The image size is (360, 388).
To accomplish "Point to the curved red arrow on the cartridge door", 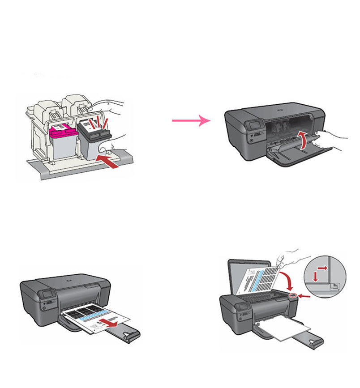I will [303, 140].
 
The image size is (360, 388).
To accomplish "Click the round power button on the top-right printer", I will [250, 140].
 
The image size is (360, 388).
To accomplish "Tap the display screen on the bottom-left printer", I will [45, 296].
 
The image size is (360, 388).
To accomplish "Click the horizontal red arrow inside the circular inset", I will [321, 268].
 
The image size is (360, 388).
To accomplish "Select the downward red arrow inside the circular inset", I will [316, 277].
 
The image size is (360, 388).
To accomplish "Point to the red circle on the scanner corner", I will [294, 296].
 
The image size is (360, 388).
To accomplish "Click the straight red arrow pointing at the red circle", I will [305, 296].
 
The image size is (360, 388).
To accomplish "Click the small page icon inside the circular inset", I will [335, 285].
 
